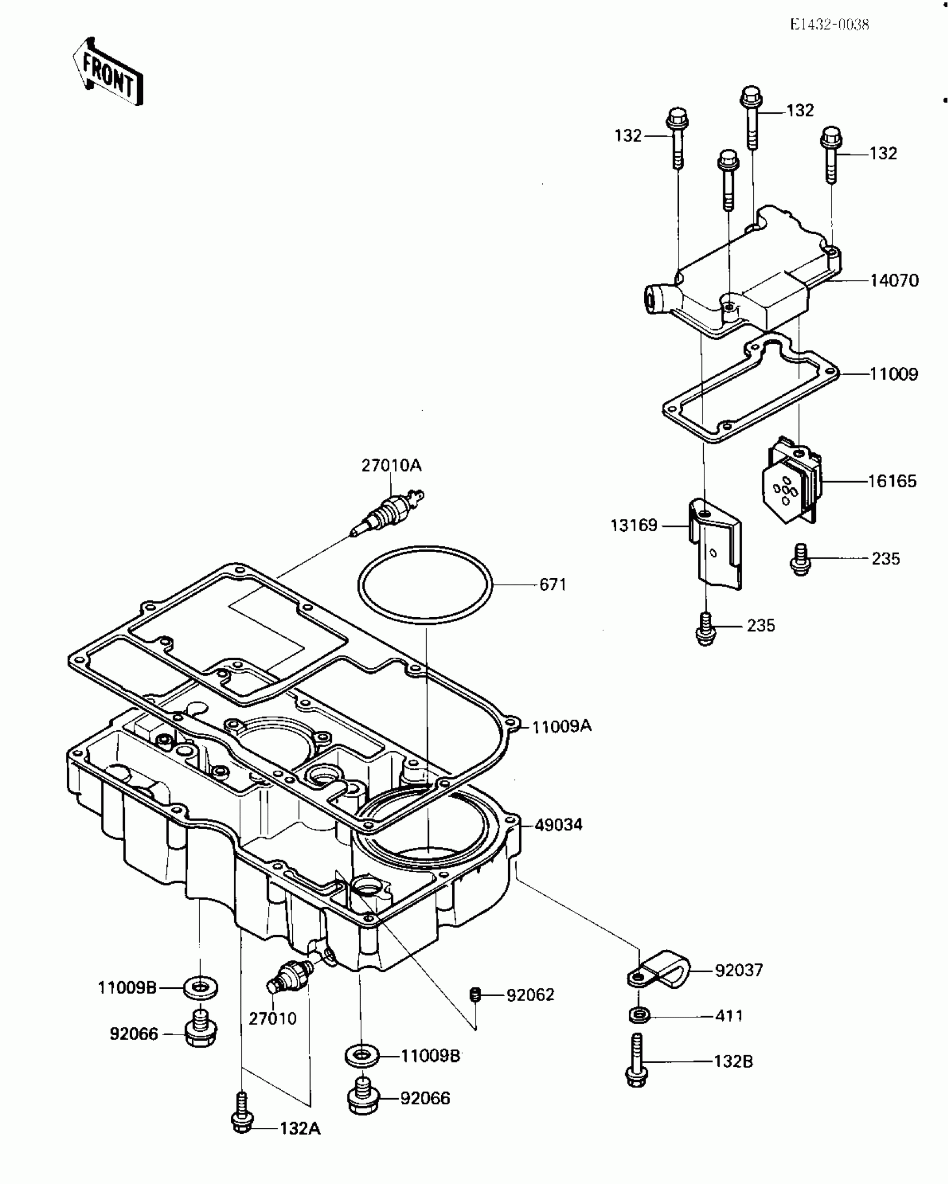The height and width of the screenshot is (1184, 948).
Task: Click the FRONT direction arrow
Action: (x=108, y=72)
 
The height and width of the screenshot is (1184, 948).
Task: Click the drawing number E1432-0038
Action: (x=829, y=25)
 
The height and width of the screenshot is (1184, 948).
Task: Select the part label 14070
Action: (x=894, y=280)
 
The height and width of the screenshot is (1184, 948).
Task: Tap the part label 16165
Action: (x=892, y=481)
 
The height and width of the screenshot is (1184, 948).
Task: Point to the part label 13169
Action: (x=634, y=525)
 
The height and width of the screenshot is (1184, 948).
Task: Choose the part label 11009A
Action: (x=561, y=727)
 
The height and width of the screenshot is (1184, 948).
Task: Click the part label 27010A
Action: (x=391, y=465)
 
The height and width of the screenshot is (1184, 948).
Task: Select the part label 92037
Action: (x=738, y=971)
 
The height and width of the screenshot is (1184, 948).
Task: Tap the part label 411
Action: (x=729, y=1016)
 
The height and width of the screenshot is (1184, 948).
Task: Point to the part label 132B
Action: (x=733, y=1061)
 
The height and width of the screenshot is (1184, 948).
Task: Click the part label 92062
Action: (x=530, y=995)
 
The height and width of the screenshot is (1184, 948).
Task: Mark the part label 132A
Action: (x=300, y=1129)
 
